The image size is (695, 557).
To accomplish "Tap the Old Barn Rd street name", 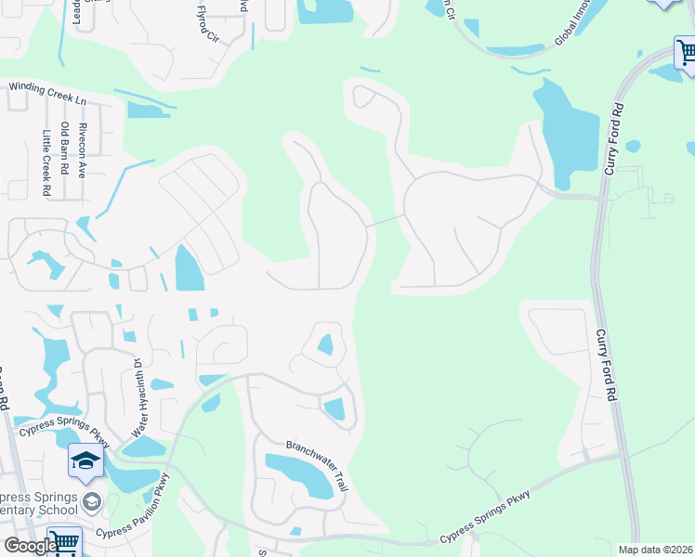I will pos(64,149).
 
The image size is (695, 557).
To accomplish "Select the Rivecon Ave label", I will pos(82,149).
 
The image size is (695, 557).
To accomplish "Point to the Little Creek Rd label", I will pos(46,162).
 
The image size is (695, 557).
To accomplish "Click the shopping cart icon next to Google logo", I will pos(64,542).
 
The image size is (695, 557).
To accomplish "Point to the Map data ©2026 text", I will pos(654,550).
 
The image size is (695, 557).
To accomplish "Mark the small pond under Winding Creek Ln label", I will pos(147,110).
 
